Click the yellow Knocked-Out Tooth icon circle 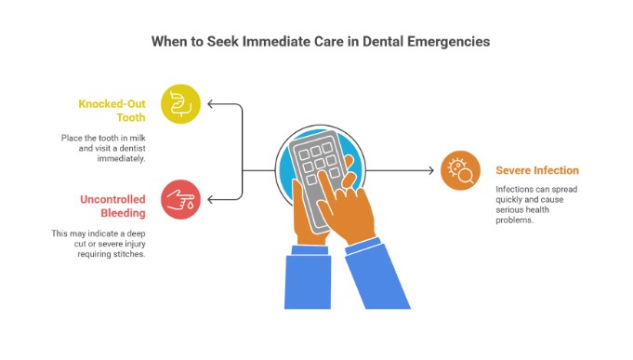pos(180,103)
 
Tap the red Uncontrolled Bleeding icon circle pos(180,199)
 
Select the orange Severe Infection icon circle pos(460,170)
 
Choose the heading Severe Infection pos(537,170)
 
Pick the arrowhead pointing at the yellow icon pos(212,103)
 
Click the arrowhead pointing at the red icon pos(212,199)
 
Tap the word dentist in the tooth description pos(125,149)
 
